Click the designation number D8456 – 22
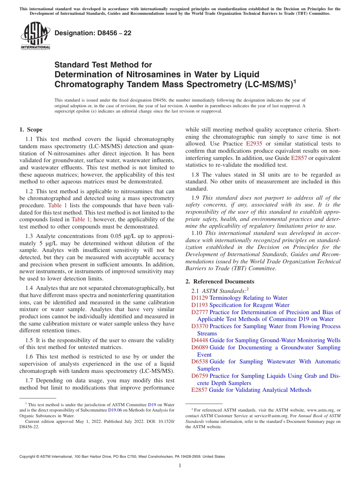click(x=93, y=33)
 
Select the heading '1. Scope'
click(x=31, y=130)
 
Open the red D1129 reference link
click(x=199, y=298)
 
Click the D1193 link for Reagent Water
click(x=199, y=305)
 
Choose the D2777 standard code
click(x=199, y=312)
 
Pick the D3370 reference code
click(x=199, y=326)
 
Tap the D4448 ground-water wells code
click(x=199, y=340)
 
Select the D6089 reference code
click(x=199, y=347)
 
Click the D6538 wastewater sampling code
click(x=199, y=361)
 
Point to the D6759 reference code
click(x=199, y=376)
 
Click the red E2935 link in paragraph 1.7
click(x=254, y=144)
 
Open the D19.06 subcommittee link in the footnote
click(x=115, y=410)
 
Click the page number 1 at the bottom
click(x=180, y=466)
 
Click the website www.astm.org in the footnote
click(x=321, y=410)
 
